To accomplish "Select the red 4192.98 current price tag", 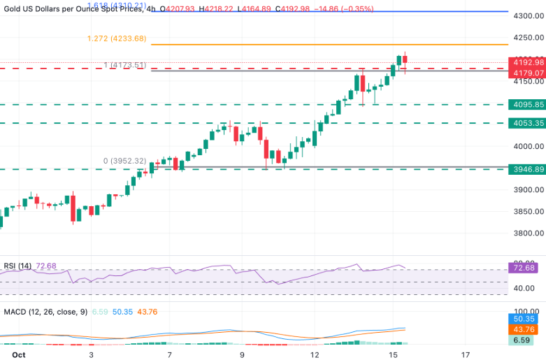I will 528,62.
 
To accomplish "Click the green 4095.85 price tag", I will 528,105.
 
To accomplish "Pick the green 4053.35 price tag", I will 528,123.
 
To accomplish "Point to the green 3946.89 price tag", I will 528,169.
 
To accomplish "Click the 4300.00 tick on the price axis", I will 528,15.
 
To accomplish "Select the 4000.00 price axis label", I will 528,147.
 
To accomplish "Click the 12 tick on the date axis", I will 315,354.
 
